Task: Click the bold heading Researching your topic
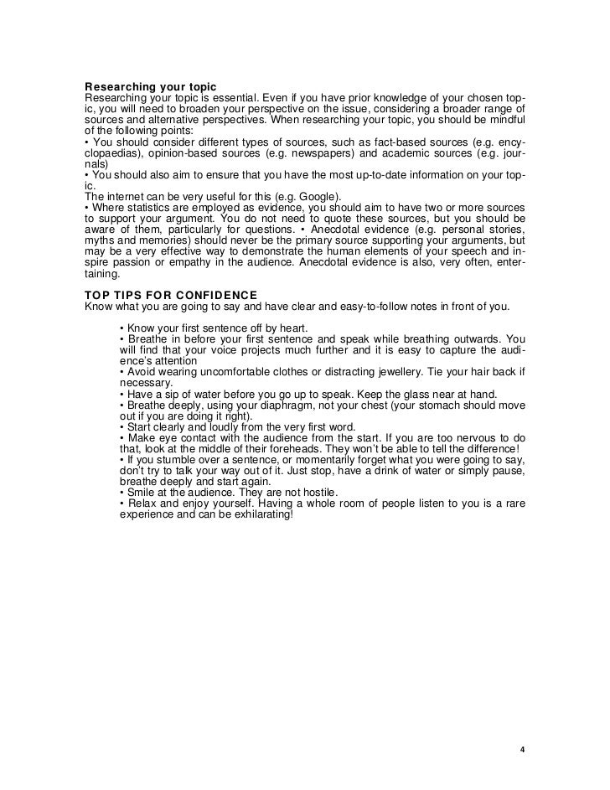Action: [151, 88]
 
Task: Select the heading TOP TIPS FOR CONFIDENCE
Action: [171, 294]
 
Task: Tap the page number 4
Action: [521, 749]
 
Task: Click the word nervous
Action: [475, 437]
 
